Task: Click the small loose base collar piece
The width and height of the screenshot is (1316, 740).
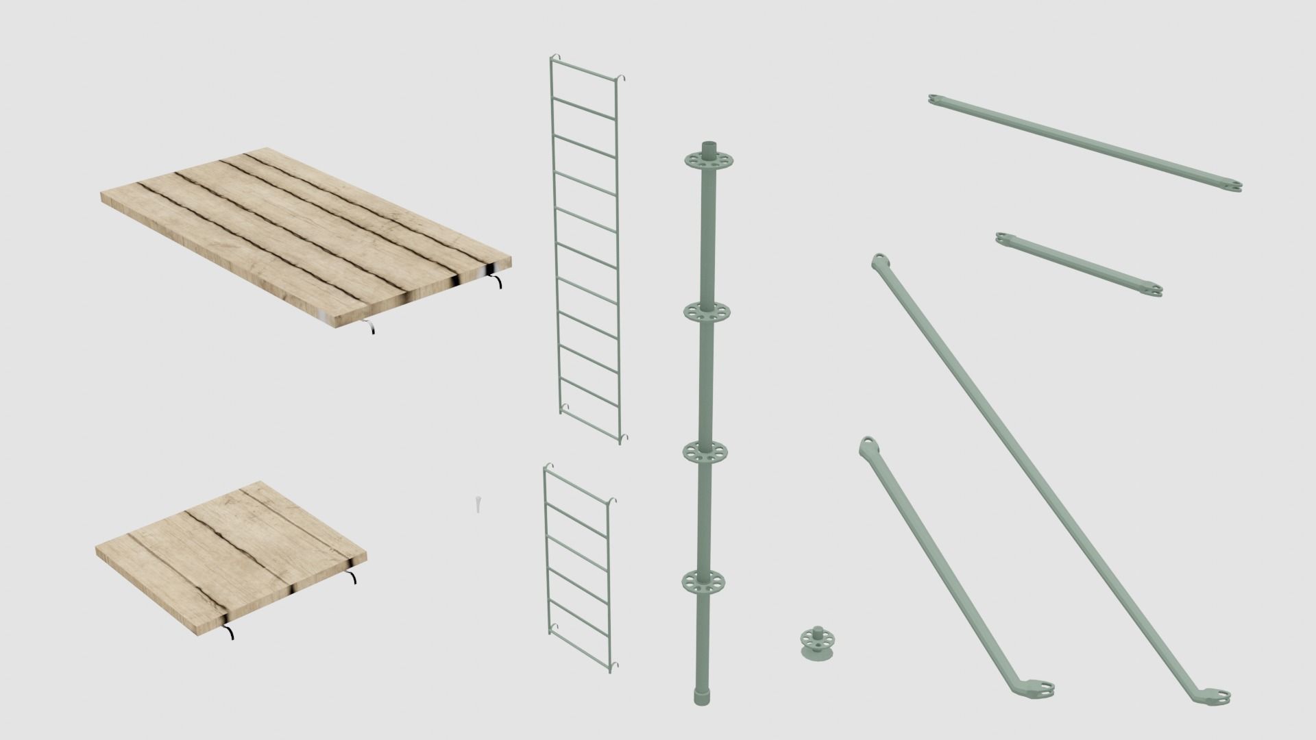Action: pyautogui.click(x=818, y=644)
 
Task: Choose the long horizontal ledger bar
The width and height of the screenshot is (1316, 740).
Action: pyautogui.click(x=1085, y=144)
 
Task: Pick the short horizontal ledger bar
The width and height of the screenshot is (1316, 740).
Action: pyautogui.click(x=1079, y=264)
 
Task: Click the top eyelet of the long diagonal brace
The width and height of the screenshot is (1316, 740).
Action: pyautogui.click(x=879, y=261)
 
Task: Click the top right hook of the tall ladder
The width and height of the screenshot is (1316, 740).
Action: pyautogui.click(x=624, y=79)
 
